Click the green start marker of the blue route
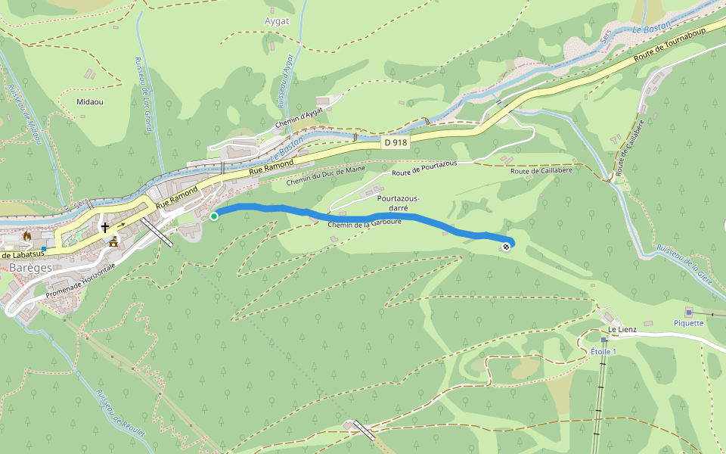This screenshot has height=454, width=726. pos(214,216)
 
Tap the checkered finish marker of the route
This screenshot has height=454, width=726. pos(505,247)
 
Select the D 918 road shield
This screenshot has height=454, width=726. pos(395,142)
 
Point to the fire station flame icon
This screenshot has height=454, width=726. pos(28,236)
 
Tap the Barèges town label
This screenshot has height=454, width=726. pos(26,268)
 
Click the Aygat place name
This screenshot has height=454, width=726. pos(278,21)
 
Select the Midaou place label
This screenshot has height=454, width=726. pos(90,101)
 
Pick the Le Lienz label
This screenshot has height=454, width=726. pos(622,330)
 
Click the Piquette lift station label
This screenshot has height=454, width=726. pos(688,323)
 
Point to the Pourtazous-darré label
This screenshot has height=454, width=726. pos(398,202)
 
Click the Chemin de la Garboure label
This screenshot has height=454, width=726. pos(365,223)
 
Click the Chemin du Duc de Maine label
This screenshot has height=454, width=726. pos(325,176)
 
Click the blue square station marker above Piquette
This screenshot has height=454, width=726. pos(688,312)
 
